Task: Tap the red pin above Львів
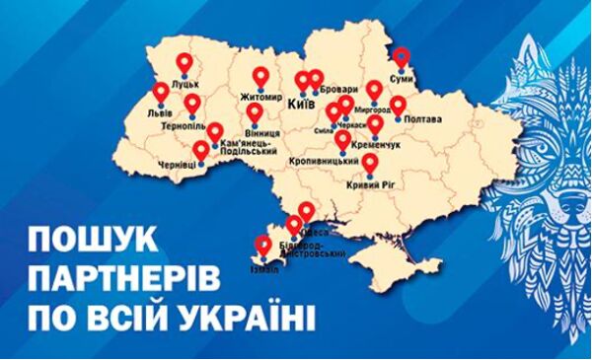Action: [161, 93]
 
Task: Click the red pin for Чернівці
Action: [201, 151]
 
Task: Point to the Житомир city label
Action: [260, 97]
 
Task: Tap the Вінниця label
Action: [260, 131]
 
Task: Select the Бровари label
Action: [338, 102]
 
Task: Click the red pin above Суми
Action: [401, 57]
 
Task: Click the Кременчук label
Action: [375, 143]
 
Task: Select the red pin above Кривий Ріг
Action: [371, 164]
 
